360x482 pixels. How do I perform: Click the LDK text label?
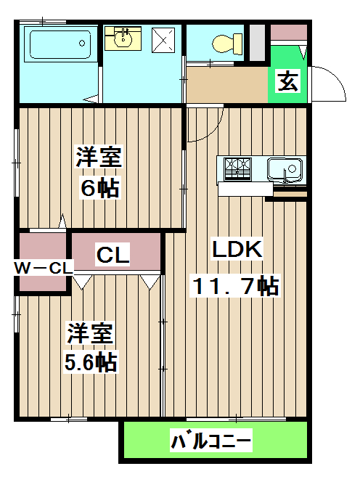click(236, 249)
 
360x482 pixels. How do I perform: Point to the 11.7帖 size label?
click(234, 286)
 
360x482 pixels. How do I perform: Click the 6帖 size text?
click(99, 189)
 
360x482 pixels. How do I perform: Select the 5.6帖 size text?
click(91, 362)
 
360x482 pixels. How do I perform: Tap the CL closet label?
click(113, 255)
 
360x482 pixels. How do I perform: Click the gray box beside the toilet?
click(257, 42)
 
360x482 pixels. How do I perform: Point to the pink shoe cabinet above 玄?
click(288, 32)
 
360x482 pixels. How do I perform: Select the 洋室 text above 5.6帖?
click(91, 334)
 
